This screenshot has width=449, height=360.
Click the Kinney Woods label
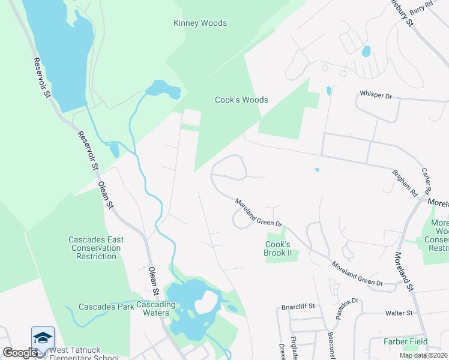click(200, 23)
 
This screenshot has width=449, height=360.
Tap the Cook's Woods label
click(241, 100)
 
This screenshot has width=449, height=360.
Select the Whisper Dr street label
click(375, 95)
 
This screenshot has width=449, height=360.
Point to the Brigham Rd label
click(405, 184)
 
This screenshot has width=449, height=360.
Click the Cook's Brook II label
click(278, 248)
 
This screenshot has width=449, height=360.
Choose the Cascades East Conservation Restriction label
click(96, 248)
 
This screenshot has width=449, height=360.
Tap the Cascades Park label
click(106, 307)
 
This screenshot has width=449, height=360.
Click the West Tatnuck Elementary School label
click(79, 353)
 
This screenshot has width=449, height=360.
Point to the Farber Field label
click(406, 342)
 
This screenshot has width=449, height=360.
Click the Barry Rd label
click(421, 8)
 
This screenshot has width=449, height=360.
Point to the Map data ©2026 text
click(423, 355)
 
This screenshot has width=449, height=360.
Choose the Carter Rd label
click(428, 180)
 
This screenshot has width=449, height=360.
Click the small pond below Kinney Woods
click(163, 90)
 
